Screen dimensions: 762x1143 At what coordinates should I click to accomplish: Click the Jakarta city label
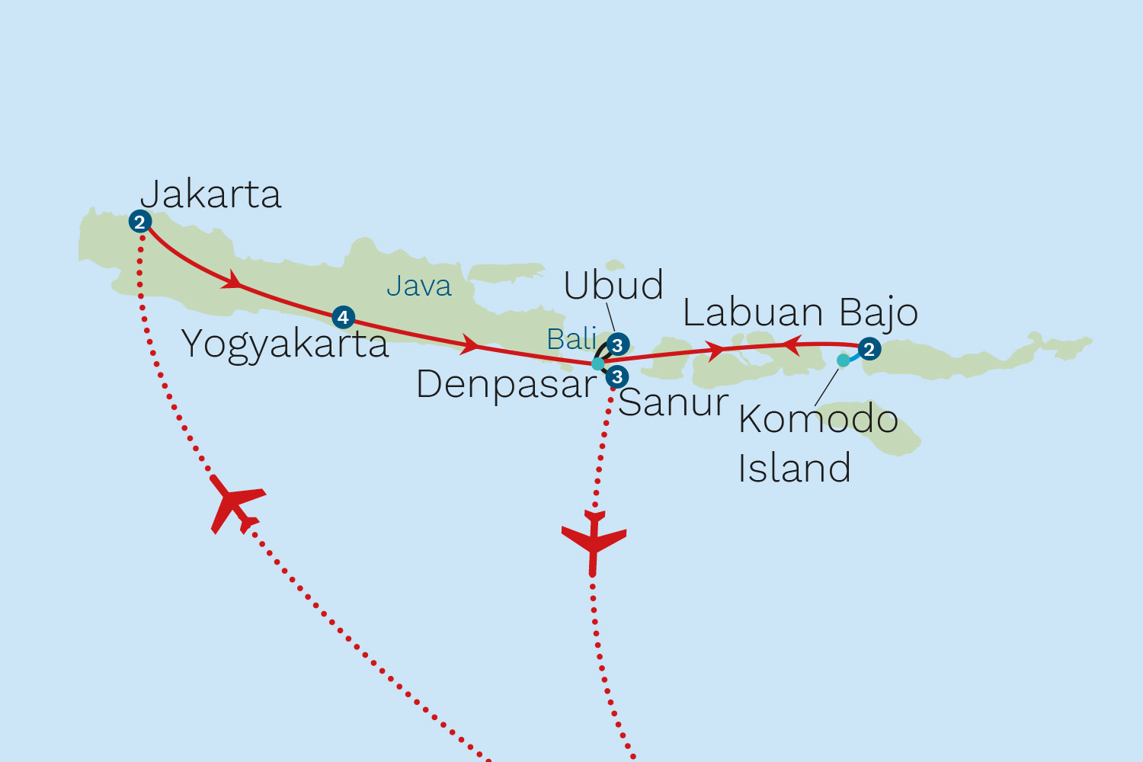[x=211, y=194]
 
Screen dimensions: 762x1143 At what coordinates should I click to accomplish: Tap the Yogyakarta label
[x=285, y=344]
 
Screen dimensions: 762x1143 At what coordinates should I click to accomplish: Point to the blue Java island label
[x=418, y=287]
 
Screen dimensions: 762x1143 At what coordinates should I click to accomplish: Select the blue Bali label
[x=571, y=339]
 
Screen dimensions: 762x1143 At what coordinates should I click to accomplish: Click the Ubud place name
[x=613, y=286]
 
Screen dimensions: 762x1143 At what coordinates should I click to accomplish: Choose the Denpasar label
[x=506, y=384]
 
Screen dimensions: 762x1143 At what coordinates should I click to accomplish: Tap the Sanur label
[x=673, y=402]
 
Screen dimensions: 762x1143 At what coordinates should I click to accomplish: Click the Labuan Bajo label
[x=800, y=312]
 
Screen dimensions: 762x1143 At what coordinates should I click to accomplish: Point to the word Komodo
[x=818, y=419]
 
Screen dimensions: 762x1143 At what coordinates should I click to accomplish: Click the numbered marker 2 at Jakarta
[x=139, y=222]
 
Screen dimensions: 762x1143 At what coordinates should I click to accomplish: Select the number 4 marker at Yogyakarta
[x=343, y=317]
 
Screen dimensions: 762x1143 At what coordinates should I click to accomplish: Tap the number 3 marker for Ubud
[x=617, y=345]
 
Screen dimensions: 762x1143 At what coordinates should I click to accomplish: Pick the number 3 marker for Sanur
[x=616, y=376]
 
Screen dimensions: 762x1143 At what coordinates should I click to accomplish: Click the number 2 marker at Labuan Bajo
[x=869, y=350]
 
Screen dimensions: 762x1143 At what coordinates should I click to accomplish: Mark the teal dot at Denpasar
[x=598, y=364]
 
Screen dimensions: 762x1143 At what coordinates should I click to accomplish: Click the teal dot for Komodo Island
[x=843, y=360]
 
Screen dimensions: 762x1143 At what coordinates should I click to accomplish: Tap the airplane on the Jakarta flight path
[x=235, y=504]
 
